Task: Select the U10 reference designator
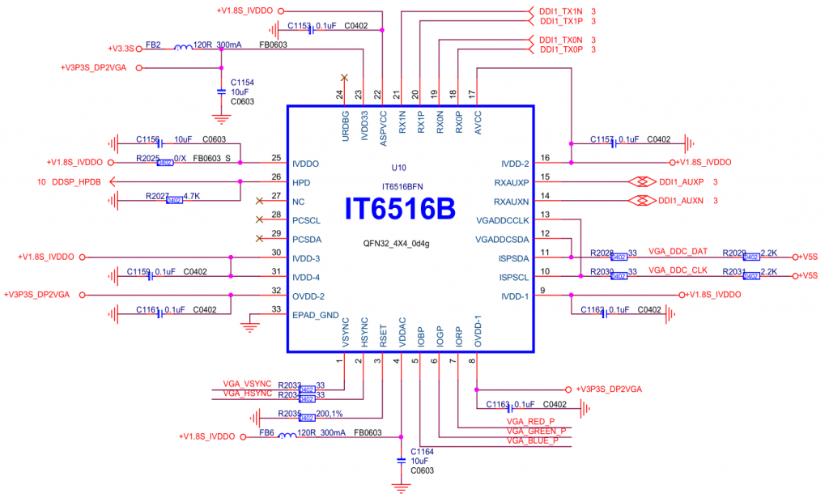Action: pos(397,168)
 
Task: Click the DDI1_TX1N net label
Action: pos(560,11)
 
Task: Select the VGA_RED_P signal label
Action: pos(530,422)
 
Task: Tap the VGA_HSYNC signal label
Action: pos(247,393)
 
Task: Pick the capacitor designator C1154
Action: pos(242,83)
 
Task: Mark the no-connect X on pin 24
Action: pos(344,78)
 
